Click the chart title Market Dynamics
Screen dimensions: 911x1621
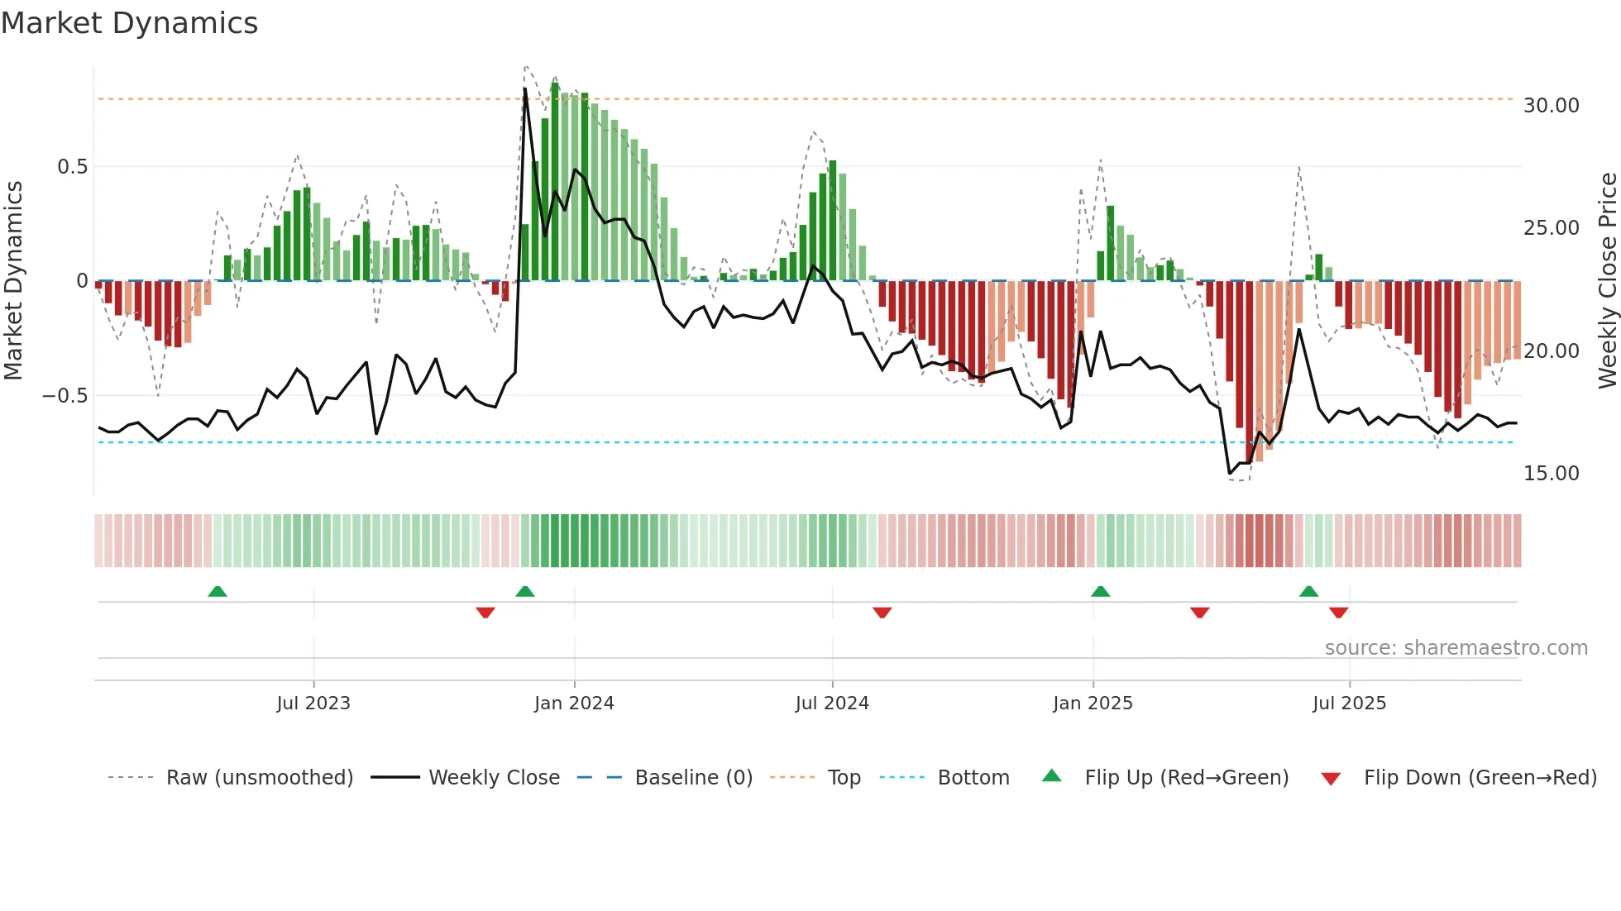(129, 23)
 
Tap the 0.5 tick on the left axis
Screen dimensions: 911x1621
(72, 167)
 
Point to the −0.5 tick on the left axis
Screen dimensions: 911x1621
(65, 396)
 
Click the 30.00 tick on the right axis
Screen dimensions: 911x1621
(1551, 106)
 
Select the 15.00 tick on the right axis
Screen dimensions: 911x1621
(1551, 474)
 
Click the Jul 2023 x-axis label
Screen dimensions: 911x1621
(313, 704)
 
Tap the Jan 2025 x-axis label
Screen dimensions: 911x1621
(1093, 704)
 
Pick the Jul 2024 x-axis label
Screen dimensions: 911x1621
(832, 704)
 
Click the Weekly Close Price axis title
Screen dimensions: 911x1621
(1607, 281)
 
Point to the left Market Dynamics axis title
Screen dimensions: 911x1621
(13, 281)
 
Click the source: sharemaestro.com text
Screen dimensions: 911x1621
(1456, 648)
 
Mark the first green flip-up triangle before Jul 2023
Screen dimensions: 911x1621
(218, 592)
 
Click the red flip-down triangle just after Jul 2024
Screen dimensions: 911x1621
(882, 613)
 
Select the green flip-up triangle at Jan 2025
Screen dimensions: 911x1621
(1100, 592)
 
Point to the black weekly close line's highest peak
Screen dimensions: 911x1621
(525, 89)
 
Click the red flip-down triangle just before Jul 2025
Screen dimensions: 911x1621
(1339, 613)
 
